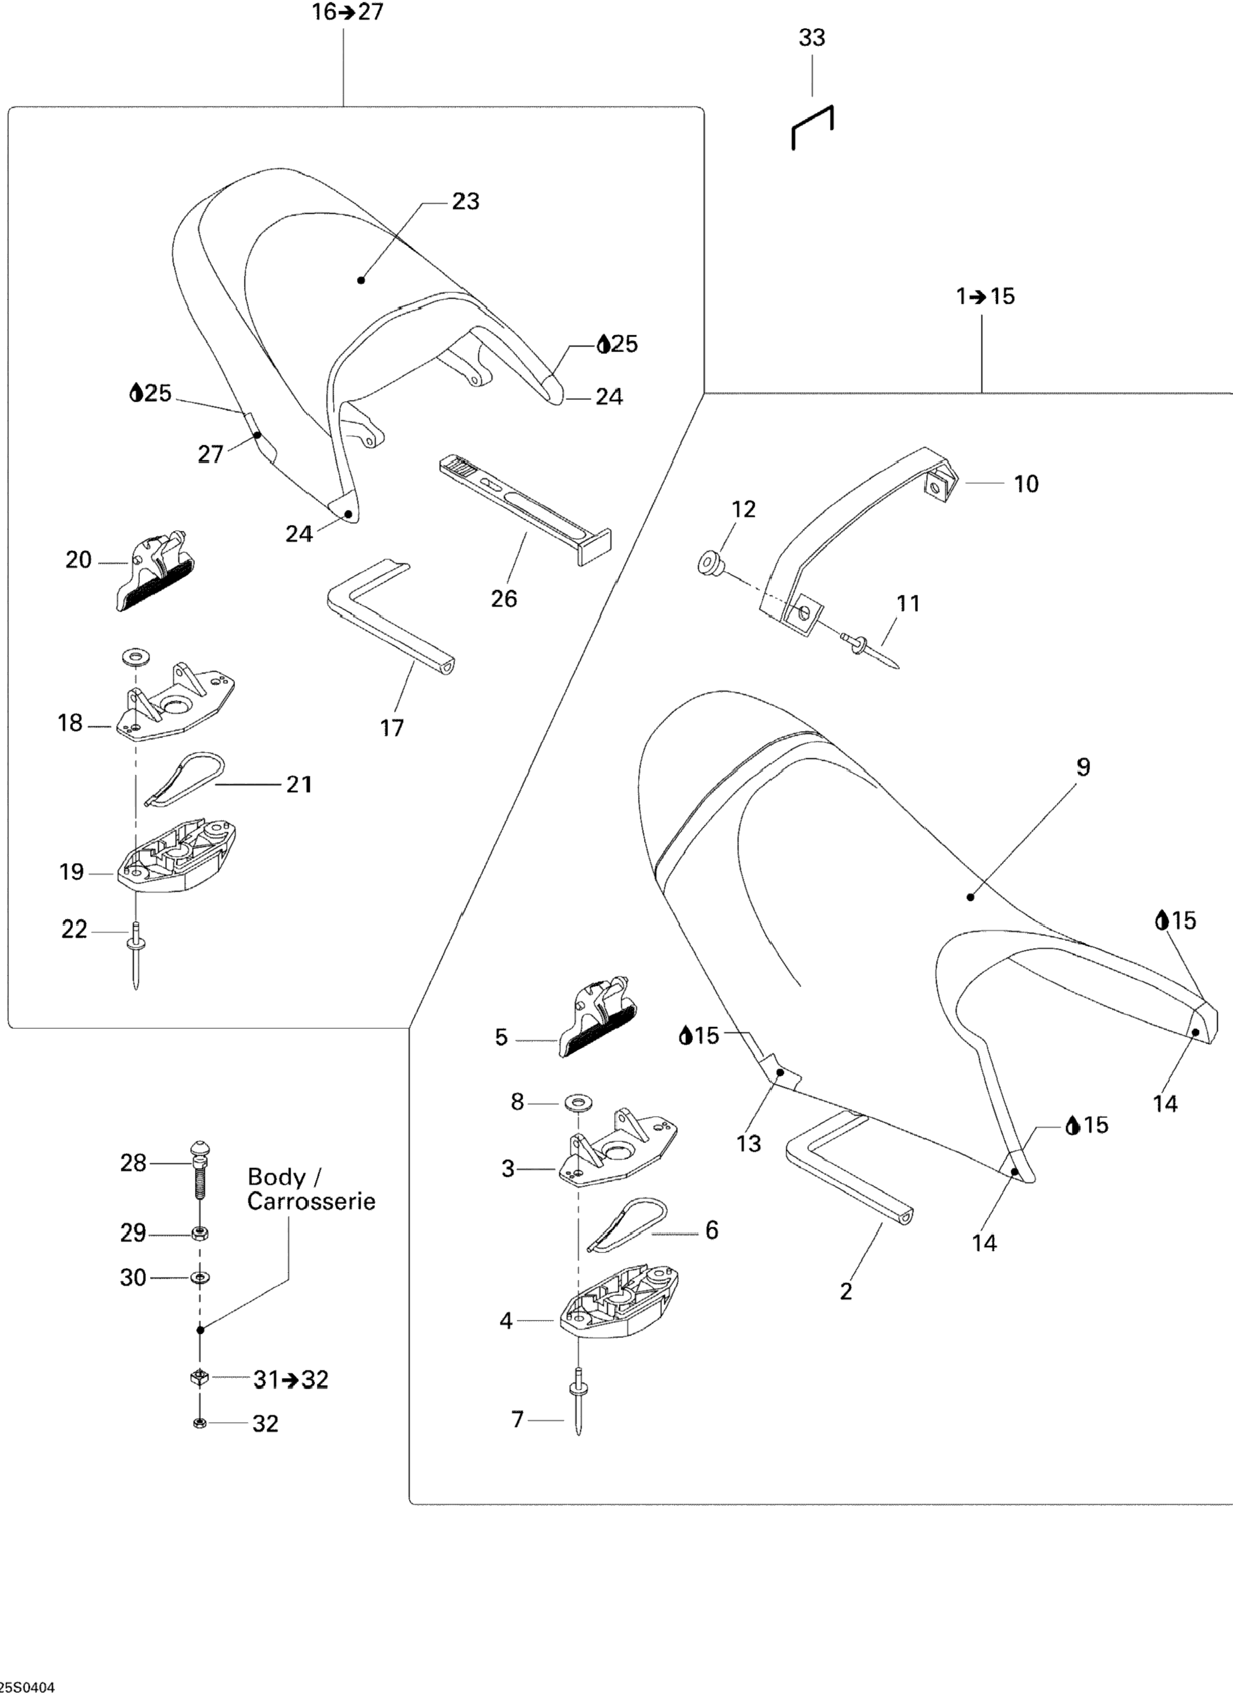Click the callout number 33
click(812, 37)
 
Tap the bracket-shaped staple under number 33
click(812, 126)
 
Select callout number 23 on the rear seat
click(465, 201)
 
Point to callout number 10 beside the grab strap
click(1026, 484)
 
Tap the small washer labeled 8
click(575, 1101)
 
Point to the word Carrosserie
click(311, 1201)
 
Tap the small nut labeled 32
click(199, 1423)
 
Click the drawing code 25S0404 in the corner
click(28, 1686)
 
